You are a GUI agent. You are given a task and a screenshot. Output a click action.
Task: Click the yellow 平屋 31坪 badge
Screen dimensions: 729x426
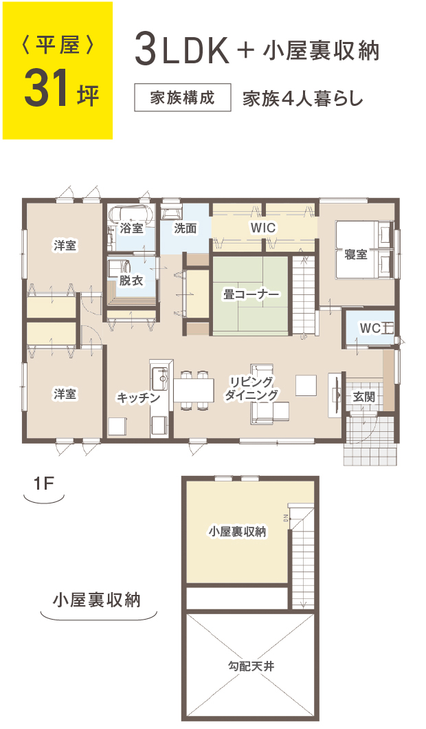[57, 71]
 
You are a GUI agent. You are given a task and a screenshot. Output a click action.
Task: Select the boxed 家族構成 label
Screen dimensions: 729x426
[182, 98]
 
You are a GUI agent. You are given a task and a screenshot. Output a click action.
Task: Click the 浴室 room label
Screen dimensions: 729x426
[131, 228]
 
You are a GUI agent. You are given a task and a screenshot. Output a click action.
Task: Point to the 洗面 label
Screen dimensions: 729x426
[185, 228]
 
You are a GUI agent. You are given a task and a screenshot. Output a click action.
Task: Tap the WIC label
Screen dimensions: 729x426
[262, 227]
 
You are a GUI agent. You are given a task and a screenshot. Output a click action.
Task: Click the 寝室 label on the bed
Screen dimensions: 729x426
[356, 254]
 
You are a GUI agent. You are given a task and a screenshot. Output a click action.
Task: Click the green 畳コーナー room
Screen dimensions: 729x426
[250, 295]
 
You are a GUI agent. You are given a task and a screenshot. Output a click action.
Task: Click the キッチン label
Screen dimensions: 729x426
[138, 398]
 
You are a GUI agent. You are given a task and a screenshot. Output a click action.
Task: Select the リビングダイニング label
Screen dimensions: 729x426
[253, 389]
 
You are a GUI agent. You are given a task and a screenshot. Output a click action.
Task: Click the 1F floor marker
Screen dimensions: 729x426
[43, 483]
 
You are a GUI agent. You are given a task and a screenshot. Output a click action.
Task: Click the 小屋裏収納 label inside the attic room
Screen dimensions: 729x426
[237, 532]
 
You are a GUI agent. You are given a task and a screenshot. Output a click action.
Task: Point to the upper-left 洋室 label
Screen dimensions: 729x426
[65, 246]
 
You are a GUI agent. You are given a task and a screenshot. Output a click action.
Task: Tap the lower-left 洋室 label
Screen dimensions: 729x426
[65, 393]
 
